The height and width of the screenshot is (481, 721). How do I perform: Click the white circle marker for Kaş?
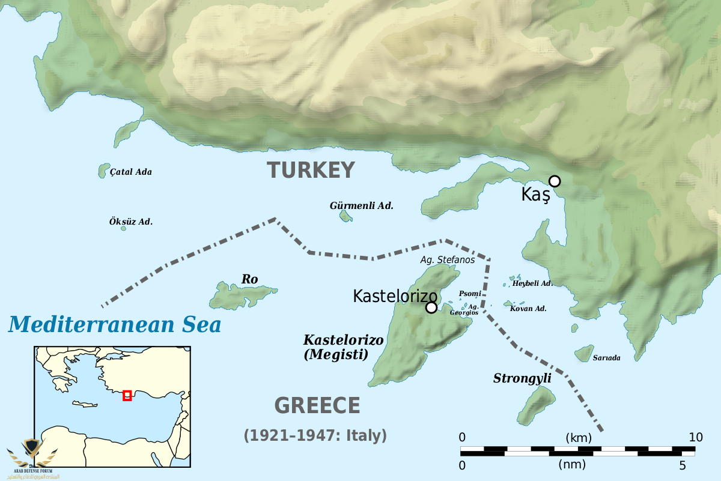click(555, 181)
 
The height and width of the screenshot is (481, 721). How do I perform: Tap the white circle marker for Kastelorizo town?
click(431, 307)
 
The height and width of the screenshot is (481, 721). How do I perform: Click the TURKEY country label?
click(311, 170)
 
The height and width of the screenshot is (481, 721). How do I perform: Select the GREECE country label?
click(317, 406)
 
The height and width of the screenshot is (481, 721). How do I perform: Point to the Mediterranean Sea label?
click(115, 324)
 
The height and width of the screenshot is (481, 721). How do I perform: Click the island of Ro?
click(240, 295)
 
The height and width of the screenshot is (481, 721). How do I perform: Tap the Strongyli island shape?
click(536, 405)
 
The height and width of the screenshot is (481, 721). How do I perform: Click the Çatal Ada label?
click(131, 172)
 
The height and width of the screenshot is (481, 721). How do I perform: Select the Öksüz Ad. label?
click(131, 222)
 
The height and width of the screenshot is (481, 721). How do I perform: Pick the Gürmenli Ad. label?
click(362, 205)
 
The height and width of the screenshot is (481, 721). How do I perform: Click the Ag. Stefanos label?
click(447, 260)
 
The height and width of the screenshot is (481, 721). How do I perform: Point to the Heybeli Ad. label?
click(532, 283)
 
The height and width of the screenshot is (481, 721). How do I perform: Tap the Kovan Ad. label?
click(528, 309)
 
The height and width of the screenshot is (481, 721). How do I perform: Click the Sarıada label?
click(606, 358)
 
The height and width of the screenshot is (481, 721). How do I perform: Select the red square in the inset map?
click(127, 395)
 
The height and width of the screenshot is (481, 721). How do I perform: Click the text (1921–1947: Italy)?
click(315, 435)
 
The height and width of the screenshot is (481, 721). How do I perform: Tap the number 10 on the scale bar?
click(695, 437)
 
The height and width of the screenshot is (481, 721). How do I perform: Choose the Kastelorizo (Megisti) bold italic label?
click(343, 347)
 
